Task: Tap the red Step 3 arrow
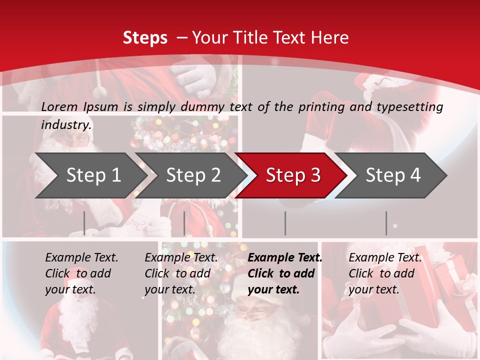293,175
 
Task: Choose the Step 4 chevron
393,175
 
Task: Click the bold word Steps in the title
145,37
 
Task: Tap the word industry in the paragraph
66,124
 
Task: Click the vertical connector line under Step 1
84,223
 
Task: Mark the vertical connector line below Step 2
184,223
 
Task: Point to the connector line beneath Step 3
285,223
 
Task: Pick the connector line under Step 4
386,223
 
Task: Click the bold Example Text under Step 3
285,258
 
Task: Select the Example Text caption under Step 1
81,258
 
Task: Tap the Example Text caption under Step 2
181,258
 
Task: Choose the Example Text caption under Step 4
385,258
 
